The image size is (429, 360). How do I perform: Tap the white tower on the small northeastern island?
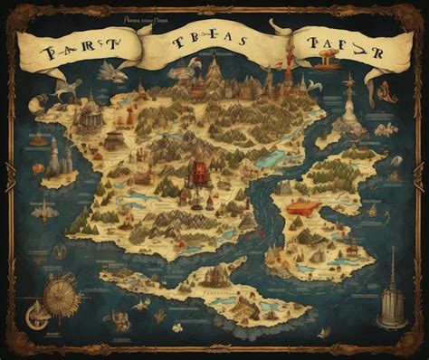click(348, 108)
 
